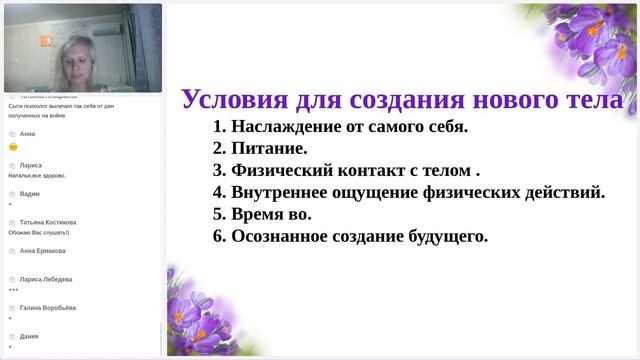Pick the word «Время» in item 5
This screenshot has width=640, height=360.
(259, 214)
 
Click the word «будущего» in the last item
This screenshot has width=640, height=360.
(444, 236)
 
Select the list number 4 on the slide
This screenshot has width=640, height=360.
(219, 192)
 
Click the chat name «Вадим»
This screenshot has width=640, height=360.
(30, 193)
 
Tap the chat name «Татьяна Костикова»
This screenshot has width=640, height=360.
(48, 222)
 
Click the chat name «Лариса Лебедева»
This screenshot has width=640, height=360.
(46, 279)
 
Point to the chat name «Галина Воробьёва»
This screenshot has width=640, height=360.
(47, 308)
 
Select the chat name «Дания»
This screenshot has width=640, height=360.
(30, 336)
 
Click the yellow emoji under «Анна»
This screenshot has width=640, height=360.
(12, 147)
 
